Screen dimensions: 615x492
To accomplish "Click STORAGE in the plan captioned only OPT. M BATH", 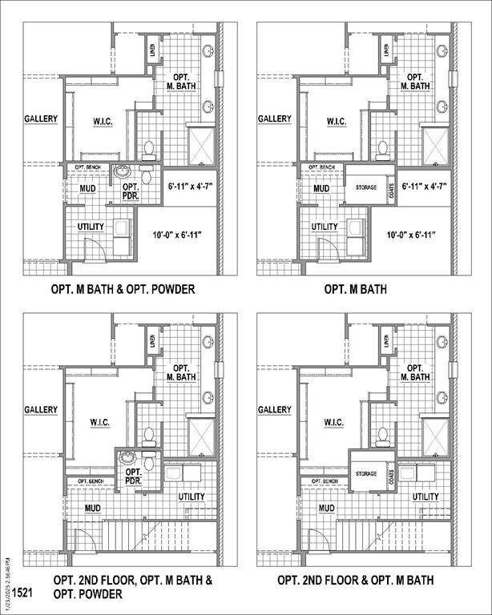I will [x=366, y=187].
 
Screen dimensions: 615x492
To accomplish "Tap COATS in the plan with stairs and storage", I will [x=392, y=478].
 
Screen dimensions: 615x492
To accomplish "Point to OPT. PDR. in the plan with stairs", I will [x=133, y=476].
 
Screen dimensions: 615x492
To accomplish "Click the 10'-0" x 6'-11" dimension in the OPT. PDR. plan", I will [x=177, y=235].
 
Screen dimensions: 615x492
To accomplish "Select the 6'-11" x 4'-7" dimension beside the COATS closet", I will [x=419, y=186].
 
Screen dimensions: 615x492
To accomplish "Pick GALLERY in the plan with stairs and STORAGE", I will [x=275, y=410].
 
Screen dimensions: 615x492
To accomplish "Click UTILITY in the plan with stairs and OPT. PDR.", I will [x=192, y=496].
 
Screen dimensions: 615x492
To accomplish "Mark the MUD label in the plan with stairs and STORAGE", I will [x=326, y=508].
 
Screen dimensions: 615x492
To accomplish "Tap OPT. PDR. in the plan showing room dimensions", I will [x=131, y=191].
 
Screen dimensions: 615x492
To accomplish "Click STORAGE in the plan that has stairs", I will [x=366, y=473].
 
